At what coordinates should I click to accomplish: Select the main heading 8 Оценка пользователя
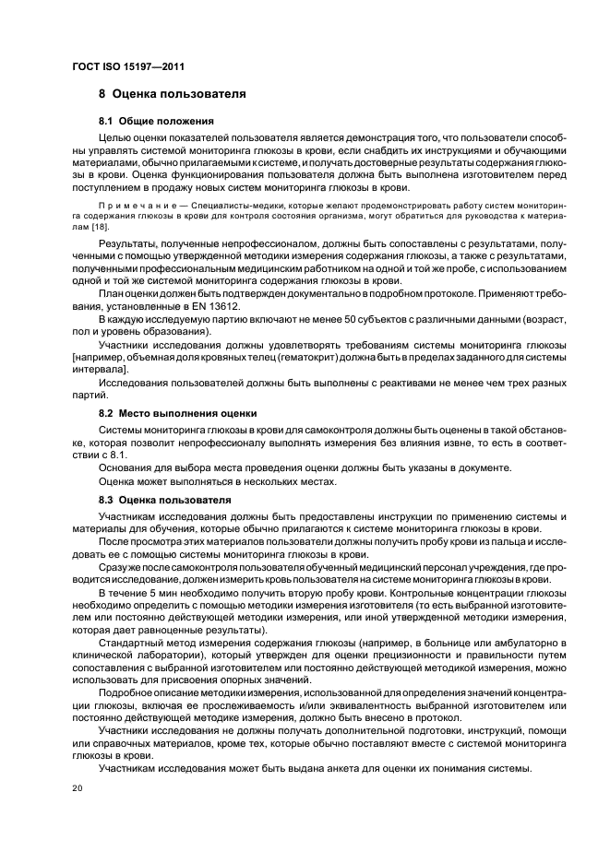(172, 94)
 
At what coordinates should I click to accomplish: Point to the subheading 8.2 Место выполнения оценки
(177, 413)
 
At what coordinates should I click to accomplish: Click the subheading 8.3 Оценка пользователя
(159, 499)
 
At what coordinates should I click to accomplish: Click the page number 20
(77, 789)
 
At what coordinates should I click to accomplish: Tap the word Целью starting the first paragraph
(115, 137)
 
